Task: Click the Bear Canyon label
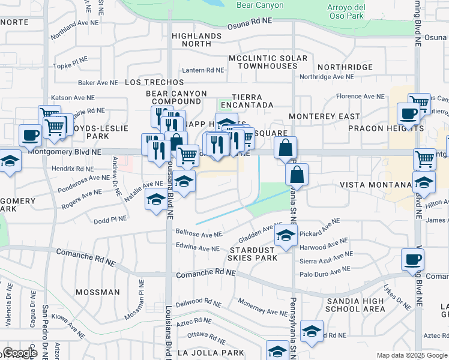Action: [x=259, y=5]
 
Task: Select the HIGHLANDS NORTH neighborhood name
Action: [x=196, y=40]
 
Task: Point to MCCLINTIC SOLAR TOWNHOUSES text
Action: [x=268, y=62]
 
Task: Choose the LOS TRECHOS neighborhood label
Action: [x=154, y=82]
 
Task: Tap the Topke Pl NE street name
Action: [x=71, y=65]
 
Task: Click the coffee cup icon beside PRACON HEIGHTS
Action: [x=408, y=113]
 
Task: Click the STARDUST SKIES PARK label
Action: [x=252, y=253]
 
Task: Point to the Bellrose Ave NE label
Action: [x=199, y=232]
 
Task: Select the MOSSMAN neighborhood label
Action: [x=98, y=292]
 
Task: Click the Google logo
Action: [x=19, y=353]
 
